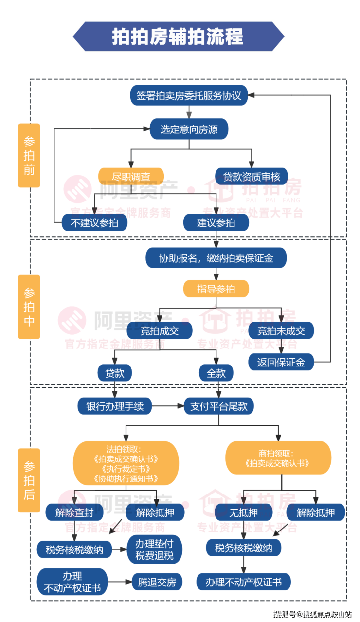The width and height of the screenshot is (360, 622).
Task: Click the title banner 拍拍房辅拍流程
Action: [178, 37]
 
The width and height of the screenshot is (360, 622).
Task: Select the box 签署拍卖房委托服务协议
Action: [189, 95]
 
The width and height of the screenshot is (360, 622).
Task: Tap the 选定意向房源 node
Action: [189, 129]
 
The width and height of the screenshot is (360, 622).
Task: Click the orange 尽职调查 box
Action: [131, 176]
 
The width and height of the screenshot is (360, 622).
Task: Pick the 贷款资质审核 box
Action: [252, 176]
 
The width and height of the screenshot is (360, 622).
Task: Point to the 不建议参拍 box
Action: [94, 223]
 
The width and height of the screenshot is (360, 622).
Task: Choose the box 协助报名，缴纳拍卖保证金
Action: [216, 258]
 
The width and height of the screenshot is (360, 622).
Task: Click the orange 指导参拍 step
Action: [216, 290]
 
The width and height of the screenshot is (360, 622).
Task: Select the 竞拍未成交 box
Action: [281, 331]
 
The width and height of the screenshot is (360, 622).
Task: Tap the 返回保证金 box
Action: [281, 362]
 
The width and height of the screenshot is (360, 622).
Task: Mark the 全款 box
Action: [216, 373]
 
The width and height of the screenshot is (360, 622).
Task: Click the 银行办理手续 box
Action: [115, 406]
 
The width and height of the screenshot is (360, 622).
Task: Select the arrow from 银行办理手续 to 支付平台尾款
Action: [168, 406]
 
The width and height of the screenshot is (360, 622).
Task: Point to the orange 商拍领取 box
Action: [278, 458]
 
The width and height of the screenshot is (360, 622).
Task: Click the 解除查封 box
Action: [74, 512]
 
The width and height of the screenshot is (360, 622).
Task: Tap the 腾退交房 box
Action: [157, 581]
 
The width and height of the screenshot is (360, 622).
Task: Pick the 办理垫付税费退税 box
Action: [154, 549]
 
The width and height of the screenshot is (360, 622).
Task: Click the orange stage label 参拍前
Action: [29, 155]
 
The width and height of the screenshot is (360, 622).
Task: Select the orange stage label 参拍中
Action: [29, 307]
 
